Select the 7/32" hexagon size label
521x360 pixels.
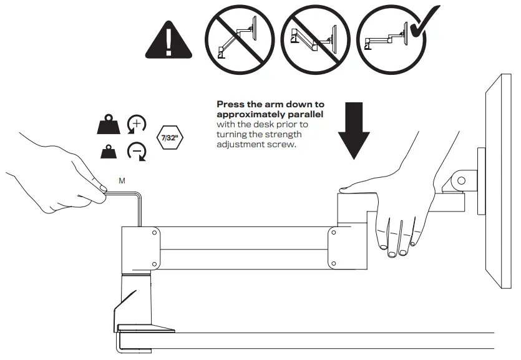pos(169,138)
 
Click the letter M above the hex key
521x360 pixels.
pos(122,180)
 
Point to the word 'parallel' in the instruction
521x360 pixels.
pos(306,115)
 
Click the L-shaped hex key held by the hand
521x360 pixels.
pos(138,206)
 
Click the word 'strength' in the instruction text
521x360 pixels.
pos(283,135)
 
